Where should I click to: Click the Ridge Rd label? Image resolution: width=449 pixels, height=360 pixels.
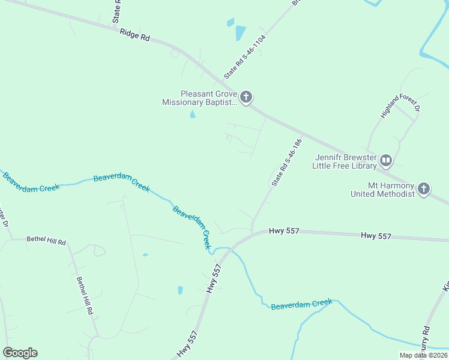pos(134,36)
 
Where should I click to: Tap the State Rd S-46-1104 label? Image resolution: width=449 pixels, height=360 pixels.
pos(244,57)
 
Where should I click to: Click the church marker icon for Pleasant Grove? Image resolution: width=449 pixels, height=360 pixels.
pos(246,97)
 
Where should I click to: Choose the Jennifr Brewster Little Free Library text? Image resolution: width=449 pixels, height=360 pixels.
pos(346,161)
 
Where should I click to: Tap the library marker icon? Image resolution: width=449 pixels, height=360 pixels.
pos(385,160)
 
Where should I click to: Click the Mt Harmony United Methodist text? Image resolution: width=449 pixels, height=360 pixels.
pos(383,190)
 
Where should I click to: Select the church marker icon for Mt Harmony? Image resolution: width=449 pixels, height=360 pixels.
pos(423,190)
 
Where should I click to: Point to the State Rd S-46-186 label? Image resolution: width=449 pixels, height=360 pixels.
pos(285,163)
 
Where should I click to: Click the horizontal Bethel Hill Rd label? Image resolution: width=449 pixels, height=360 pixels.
pos(46,240)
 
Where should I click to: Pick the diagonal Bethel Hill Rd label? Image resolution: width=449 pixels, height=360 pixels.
pos(87,296)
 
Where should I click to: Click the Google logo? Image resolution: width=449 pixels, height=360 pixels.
pos(20,353)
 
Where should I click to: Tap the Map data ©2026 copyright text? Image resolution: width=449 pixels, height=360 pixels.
pos(423,355)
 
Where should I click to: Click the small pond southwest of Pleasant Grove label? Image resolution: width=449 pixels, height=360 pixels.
pos(193,114)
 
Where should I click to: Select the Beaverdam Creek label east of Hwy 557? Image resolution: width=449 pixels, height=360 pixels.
pos(301,305)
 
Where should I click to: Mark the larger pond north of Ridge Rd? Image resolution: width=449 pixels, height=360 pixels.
pos(240,32)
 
